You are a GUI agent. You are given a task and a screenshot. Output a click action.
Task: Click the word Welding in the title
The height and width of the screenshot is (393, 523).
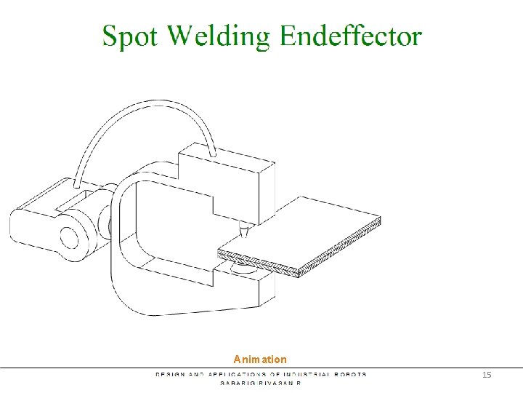[222, 36]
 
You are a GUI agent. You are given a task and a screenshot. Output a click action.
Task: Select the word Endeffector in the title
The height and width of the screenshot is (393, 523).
[350, 36]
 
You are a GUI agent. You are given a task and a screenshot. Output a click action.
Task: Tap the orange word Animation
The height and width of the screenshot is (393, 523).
[260, 360]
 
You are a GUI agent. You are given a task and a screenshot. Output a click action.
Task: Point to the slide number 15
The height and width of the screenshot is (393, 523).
[487, 374]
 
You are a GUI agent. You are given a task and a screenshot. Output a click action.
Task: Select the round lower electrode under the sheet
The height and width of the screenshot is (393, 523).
[241, 268]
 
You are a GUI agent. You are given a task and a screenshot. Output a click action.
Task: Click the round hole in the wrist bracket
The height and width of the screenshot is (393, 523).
[70, 237]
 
